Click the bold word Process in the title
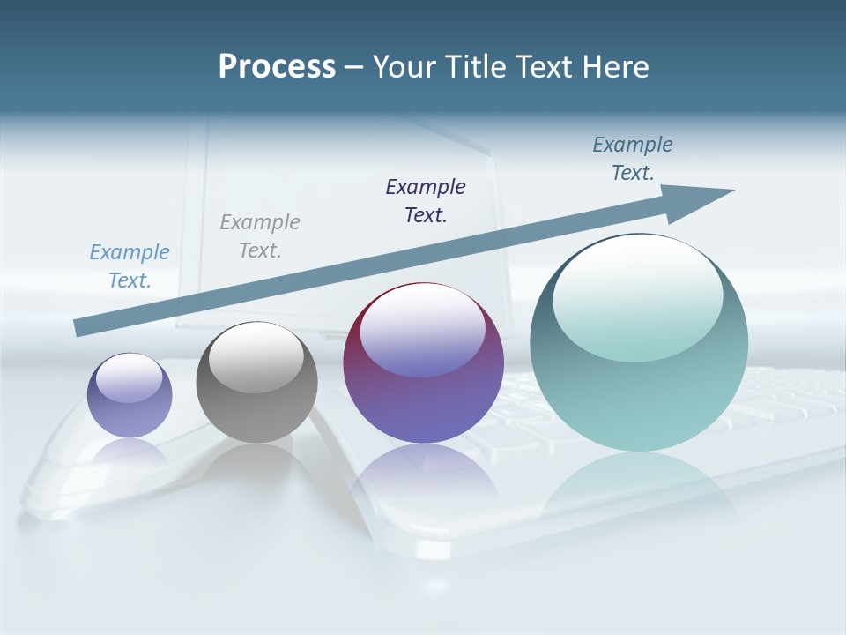[277, 67]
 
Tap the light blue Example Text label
[130, 265]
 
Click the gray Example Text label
[260, 235]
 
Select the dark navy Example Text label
[426, 200]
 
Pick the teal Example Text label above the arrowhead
[633, 158]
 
